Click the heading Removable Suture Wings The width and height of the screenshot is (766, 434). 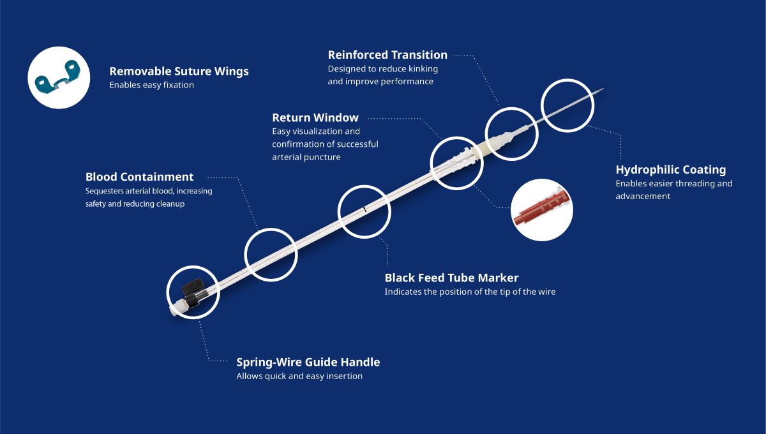(x=179, y=71)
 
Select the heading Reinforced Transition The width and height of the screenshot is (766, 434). (x=387, y=55)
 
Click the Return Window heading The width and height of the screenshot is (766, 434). (x=315, y=117)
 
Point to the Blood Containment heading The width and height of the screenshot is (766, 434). (x=140, y=177)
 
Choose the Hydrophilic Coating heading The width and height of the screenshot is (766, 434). (x=671, y=170)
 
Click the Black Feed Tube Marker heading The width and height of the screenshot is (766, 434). (x=451, y=278)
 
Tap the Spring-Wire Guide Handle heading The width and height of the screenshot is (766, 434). (x=308, y=362)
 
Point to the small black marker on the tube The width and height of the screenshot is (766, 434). (x=364, y=209)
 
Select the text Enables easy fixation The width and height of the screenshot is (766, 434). (x=151, y=85)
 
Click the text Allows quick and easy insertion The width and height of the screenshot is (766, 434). (x=299, y=376)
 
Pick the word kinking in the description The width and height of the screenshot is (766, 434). (x=423, y=69)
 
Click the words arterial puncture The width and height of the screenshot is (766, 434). (x=306, y=157)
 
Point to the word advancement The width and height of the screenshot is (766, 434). (x=643, y=197)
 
